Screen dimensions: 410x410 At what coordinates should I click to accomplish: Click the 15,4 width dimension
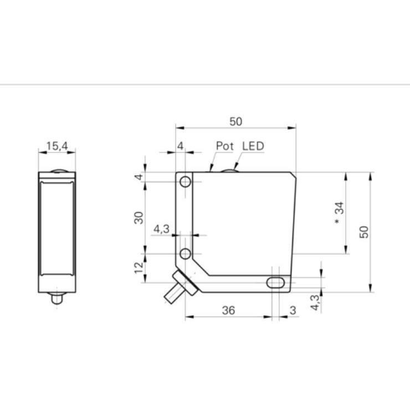click(x=56, y=146)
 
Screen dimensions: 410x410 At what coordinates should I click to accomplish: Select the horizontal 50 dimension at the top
click(x=235, y=121)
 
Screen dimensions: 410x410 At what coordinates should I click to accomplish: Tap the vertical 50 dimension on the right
click(x=363, y=232)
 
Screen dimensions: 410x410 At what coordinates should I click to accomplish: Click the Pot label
click(x=225, y=146)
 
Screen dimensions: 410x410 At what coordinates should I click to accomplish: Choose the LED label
click(x=253, y=146)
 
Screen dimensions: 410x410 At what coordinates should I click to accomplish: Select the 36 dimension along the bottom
click(x=228, y=310)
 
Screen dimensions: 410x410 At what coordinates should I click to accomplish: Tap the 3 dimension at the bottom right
click(x=293, y=310)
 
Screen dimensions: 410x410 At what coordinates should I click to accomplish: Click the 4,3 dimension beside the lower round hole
click(x=161, y=229)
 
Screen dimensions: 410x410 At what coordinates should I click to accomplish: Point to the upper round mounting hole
click(x=186, y=182)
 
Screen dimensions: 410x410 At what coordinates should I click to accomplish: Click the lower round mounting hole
click(x=186, y=254)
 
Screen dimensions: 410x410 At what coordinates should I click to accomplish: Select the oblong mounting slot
click(x=275, y=283)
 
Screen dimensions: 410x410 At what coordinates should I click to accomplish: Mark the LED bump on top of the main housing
click(x=229, y=170)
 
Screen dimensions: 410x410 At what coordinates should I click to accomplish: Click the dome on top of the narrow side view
click(x=56, y=170)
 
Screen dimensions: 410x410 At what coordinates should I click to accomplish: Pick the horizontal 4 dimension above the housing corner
click(x=180, y=146)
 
